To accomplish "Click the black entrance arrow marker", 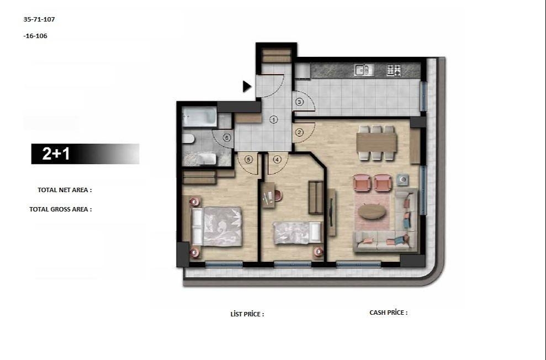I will tap(247, 86).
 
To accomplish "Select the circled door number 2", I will tap(300, 132).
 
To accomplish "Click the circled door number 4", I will tap(277, 160).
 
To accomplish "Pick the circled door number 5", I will tap(248, 160).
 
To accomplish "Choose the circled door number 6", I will tap(226, 137).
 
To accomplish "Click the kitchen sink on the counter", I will tap(364, 70).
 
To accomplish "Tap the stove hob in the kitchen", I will tap(394, 70).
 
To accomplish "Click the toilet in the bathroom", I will tap(187, 138).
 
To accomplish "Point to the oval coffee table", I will tap(373, 211).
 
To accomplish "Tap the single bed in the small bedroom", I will tap(298, 232).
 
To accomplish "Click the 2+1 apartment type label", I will tap(56, 154).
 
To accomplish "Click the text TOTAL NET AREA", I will tap(65, 190).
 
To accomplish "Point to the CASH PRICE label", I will tap(388, 313).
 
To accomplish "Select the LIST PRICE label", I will tap(247, 314).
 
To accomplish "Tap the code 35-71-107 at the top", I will tap(39, 19).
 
